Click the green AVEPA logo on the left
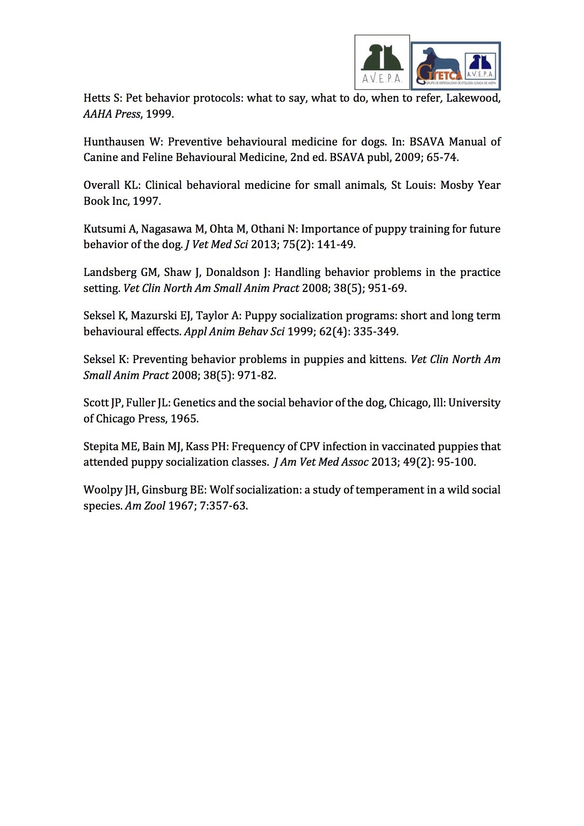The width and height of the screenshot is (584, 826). click(x=382, y=62)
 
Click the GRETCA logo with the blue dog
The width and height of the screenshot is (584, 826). click(x=455, y=66)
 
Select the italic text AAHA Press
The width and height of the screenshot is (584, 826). click(x=112, y=114)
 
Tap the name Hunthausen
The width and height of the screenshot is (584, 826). click(x=114, y=142)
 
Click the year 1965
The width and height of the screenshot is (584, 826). click(x=184, y=419)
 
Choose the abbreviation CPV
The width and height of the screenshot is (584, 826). click(x=310, y=446)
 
